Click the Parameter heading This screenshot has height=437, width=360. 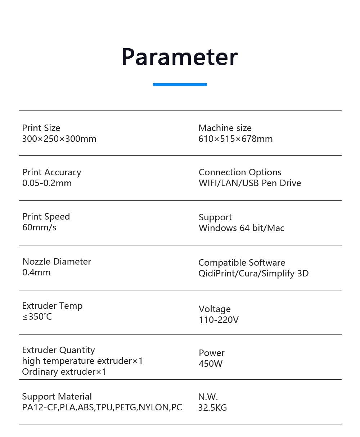pyautogui.click(x=180, y=57)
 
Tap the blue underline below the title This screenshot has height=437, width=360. pyautogui.click(x=180, y=85)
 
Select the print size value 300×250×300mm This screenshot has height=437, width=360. pyautogui.click(x=59, y=139)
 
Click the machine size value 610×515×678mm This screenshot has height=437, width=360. pyautogui.click(x=235, y=139)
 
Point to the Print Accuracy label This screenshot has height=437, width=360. pyautogui.click(x=51, y=172)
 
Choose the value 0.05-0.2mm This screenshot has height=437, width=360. pyautogui.click(x=47, y=183)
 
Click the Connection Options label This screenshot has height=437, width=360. pyautogui.click(x=240, y=172)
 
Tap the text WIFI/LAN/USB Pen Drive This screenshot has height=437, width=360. pyautogui.click(x=249, y=183)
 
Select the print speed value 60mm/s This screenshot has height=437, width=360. pyautogui.click(x=39, y=227)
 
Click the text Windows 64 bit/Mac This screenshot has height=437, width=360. pyautogui.click(x=241, y=228)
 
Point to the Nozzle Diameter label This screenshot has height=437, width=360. pyautogui.click(x=57, y=262)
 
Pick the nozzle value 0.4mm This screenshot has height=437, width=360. pyautogui.click(x=36, y=272)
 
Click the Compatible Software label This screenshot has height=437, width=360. pyautogui.click(x=242, y=263)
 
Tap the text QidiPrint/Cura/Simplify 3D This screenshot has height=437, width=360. pyautogui.click(x=253, y=274)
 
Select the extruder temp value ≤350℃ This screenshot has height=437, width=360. pyautogui.click(x=37, y=317)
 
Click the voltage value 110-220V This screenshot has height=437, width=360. pyautogui.click(x=219, y=320)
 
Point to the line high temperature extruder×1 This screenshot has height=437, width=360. pyautogui.click(x=82, y=361)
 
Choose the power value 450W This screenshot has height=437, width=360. pyautogui.click(x=211, y=364)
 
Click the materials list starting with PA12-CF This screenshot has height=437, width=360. pyautogui.click(x=102, y=407)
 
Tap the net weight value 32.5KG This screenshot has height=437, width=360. pyautogui.click(x=212, y=408)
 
